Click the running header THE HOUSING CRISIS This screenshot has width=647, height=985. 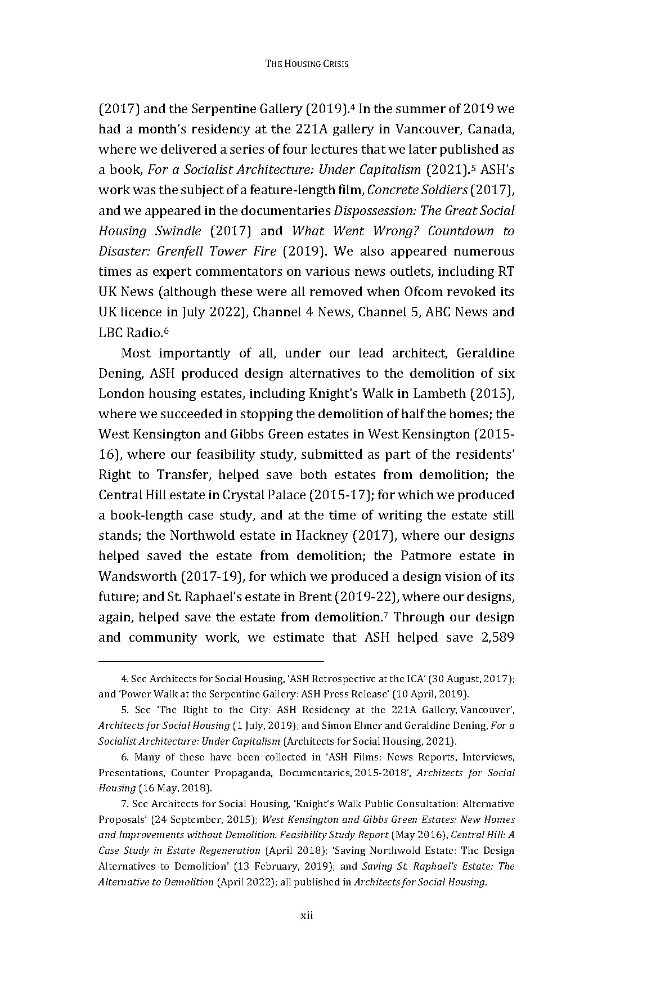[x=307, y=64]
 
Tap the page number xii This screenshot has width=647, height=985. [x=306, y=915]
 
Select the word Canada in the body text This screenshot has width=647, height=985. [x=491, y=129]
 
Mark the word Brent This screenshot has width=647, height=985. [x=316, y=597]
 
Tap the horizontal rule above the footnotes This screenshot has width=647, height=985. [x=211, y=661]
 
